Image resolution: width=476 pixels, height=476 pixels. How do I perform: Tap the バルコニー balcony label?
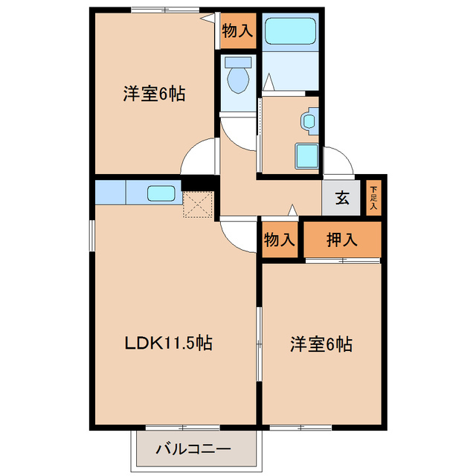pos(193,448)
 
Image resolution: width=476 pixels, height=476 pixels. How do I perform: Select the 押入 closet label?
pos(343,239)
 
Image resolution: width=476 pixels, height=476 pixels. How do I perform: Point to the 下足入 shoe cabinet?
pos(374,198)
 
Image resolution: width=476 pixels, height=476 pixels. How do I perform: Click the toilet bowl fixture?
pos(239,79)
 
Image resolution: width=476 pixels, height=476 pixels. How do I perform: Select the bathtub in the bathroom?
pos(291,31)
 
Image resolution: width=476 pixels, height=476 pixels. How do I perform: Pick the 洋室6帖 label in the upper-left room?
pos(154,94)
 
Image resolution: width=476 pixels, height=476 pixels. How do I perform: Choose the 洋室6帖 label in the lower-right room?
pos(321,344)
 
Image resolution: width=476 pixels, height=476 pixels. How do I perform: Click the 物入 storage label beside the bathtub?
pos(238,31)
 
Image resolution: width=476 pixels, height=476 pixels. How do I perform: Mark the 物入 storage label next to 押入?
pos(280,239)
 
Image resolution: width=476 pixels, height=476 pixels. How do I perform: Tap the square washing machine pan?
pos(308,156)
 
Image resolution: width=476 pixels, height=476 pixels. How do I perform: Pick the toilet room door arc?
pos(238,132)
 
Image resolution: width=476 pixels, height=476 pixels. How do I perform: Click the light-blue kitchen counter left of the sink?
pos(111,193)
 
